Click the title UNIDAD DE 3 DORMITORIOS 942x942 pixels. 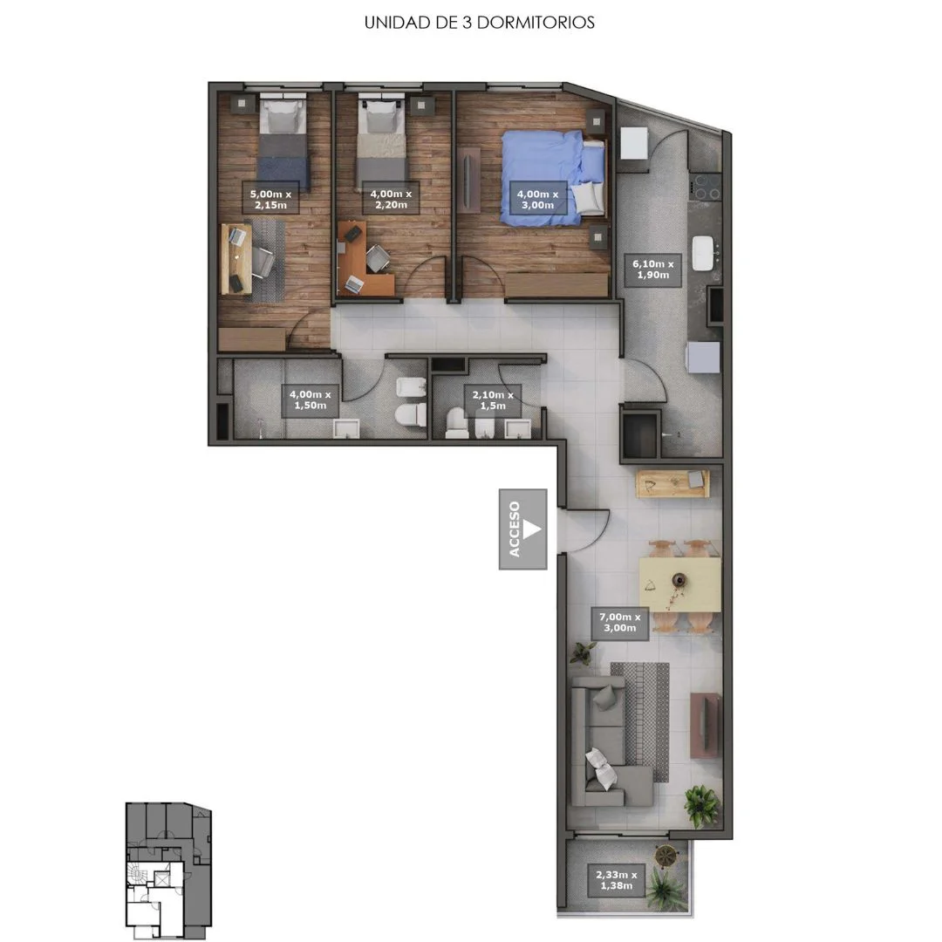[480, 23]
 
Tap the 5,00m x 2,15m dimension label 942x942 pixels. [270, 199]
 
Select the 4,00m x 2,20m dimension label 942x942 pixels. [391, 199]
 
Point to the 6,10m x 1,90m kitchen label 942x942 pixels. [653, 270]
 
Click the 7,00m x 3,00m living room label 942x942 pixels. [619, 623]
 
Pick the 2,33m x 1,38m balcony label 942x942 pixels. [617, 880]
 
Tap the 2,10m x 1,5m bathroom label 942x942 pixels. [493, 400]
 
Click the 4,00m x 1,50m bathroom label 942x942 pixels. [310, 400]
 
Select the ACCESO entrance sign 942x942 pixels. [522, 529]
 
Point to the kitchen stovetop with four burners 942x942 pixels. [706, 187]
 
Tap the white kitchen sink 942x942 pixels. [704, 253]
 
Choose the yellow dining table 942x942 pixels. [680, 584]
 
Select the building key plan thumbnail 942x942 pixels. [169, 870]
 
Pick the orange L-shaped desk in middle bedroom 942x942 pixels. [362, 260]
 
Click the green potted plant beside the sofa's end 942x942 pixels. [701, 806]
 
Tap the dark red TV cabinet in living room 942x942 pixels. [706, 725]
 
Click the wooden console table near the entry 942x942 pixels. [672, 483]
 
